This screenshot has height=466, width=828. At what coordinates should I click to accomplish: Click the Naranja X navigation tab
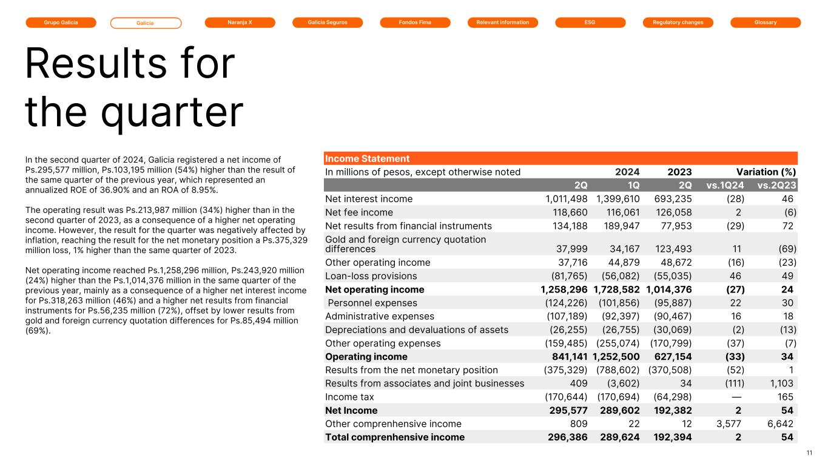point(240,22)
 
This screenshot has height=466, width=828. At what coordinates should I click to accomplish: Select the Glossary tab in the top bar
point(766,22)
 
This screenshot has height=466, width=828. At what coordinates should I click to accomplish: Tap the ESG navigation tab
point(590,22)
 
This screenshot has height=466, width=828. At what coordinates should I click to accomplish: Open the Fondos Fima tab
point(415,22)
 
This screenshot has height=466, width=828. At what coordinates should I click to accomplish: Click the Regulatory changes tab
point(678,22)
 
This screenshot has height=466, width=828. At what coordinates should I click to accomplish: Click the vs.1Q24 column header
point(727,185)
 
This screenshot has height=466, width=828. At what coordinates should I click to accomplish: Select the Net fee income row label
point(359,212)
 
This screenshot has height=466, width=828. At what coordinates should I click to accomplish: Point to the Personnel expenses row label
point(372,303)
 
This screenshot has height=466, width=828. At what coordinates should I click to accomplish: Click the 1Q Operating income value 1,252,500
point(616,356)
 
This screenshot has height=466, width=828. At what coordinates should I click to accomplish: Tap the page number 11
point(809,453)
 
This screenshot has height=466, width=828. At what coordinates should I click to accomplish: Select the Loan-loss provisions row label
point(371,276)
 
